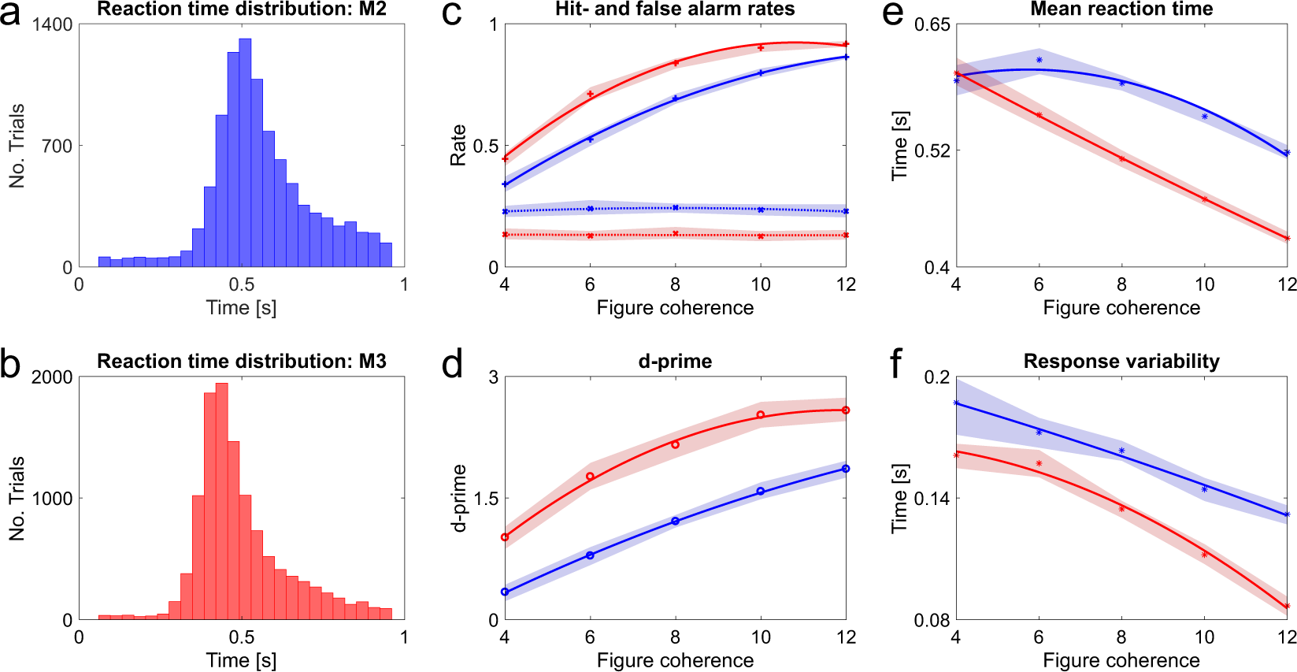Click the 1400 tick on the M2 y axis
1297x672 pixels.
coord(52,24)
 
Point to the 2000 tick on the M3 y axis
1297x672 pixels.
coord(52,377)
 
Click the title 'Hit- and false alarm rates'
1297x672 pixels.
coord(675,9)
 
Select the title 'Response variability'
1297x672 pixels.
coord(1121,362)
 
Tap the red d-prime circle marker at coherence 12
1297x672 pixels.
coord(846,410)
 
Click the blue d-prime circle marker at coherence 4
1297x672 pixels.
coord(505,592)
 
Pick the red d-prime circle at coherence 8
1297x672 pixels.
coord(675,445)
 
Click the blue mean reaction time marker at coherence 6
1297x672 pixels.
coord(1039,60)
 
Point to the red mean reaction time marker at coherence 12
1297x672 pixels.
coord(1287,238)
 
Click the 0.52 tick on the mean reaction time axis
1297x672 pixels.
coord(932,150)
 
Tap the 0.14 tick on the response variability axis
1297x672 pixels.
coord(932,499)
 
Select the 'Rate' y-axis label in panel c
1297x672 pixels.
coord(458,146)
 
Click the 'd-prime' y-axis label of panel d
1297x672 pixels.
coord(459,498)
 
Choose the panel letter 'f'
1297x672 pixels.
coord(896,364)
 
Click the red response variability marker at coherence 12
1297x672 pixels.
coord(1287,607)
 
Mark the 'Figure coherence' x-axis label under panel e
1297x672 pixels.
coord(1121,308)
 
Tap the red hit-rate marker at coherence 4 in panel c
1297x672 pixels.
coord(505,159)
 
